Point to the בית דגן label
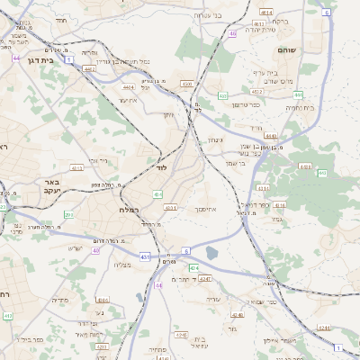pos(30,55)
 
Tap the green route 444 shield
pos(298,94)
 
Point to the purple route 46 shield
pos(232,33)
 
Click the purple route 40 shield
pos(95,250)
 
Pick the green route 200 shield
pos(68,215)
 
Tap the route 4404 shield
pos(129,87)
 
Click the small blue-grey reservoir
pos(211,253)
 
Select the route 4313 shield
pos(76,167)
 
